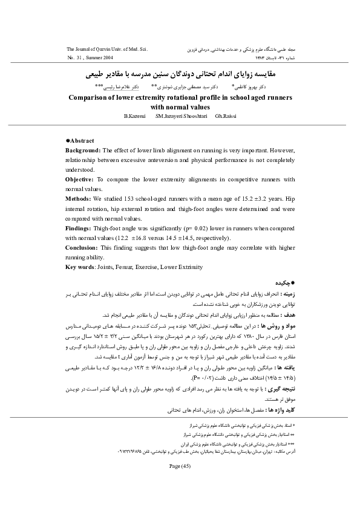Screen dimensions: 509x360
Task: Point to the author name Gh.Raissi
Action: point(226,115)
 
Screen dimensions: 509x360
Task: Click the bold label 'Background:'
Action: point(84,149)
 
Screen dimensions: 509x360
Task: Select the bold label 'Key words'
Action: point(80,266)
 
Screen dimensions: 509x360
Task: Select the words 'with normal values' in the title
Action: point(180,106)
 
